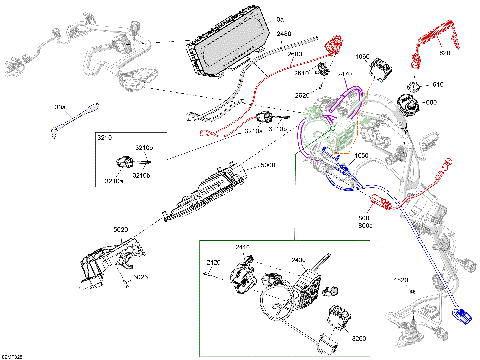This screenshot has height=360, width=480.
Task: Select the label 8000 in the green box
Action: point(358,339)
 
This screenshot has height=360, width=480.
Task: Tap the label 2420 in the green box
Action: point(213,265)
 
